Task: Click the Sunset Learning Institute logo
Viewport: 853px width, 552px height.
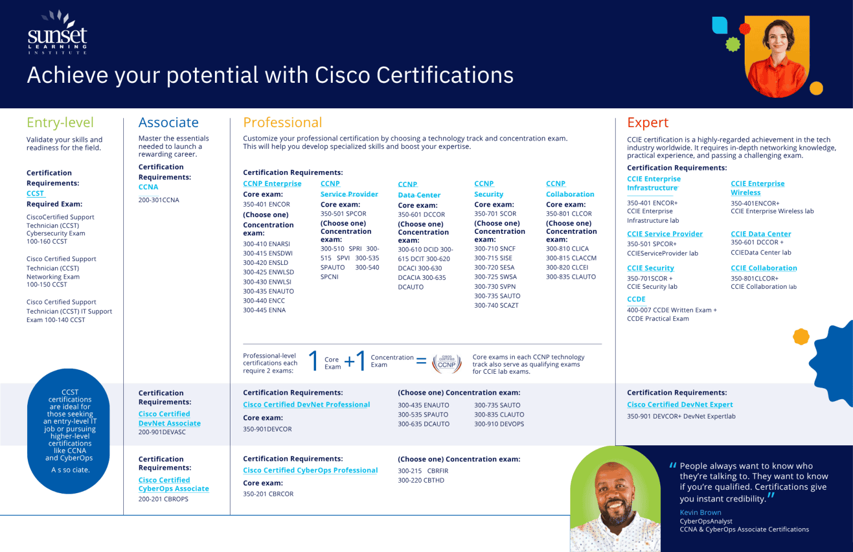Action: [x=57, y=33]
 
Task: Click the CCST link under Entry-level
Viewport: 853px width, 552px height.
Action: [x=35, y=193]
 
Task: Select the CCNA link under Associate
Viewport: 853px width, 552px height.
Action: [x=148, y=187]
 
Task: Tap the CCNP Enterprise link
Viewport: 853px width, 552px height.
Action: [x=272, y=184]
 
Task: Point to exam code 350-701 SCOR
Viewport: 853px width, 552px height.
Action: [x=495, y=214]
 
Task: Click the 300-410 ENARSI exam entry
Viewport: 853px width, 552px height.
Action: [x=267, y=244]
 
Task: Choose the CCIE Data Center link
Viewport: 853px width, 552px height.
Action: [x=761, y=234]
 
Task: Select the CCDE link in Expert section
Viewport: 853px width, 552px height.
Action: [x=636, y=299]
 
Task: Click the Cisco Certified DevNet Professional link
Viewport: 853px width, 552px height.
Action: [x=307, y=405]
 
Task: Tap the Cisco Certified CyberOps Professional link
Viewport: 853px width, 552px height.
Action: [x=310, y=470]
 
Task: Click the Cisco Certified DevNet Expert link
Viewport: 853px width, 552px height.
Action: [x=680, y=405]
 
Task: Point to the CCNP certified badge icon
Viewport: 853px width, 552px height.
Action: [x=446, y=362]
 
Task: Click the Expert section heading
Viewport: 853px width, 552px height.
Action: [x=648, y=123]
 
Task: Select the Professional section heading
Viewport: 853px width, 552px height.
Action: [x=282, y=123]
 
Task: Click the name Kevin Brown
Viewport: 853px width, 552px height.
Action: [x=700, y=513]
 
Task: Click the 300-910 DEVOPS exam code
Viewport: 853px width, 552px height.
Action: [x=499, y=424]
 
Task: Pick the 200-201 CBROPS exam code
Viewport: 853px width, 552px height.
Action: [x=163, y=499]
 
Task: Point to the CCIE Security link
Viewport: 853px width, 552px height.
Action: [x=650, y=268]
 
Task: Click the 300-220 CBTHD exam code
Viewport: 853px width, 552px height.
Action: [x=421, y=480]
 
